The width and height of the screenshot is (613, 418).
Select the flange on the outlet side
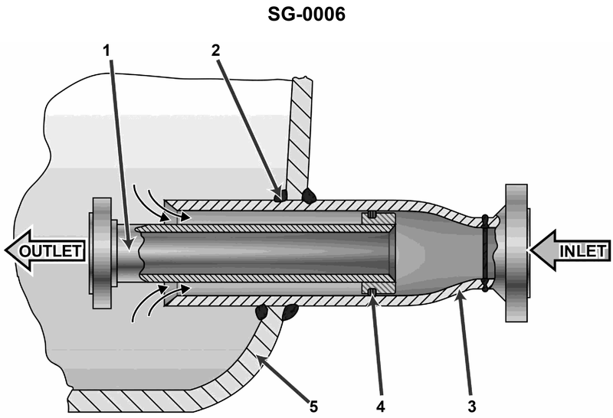pos(101,252)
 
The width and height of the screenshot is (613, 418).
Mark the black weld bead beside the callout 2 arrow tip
pos(310,196)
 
